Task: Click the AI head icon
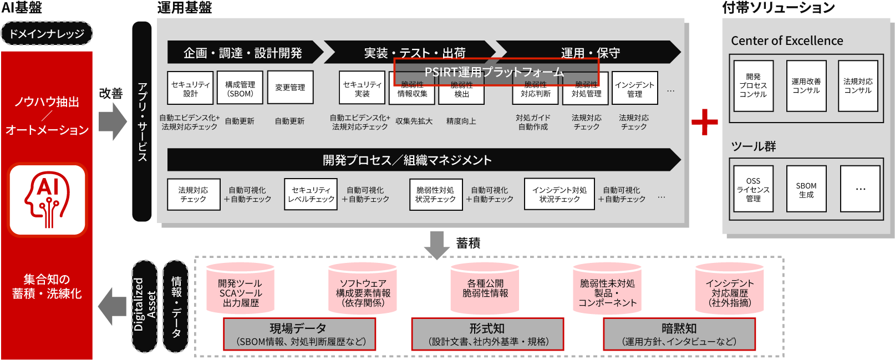coord(47,200)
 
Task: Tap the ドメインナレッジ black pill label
coord(47,34)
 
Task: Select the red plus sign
coord(704,122)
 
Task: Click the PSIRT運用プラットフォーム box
coord(496,72)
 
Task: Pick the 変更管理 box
coord(290,87)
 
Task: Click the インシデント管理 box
coord(634,89)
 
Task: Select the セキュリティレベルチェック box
coord(311,194)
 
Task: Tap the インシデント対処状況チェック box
coord(559,194)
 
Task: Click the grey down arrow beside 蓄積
coord(437,245)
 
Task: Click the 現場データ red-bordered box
coord(299,334)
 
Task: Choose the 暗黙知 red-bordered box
coord(679,334)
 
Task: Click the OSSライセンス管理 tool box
coord(752,189)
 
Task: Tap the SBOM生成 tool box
coord(806,189)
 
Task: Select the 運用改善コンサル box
coord(806,86)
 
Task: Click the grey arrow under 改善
coord(113,122)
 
